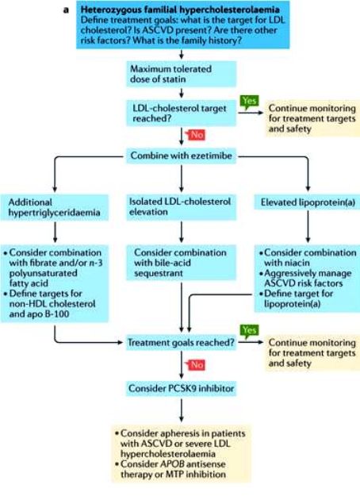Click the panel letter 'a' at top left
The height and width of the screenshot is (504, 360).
click(66, 10)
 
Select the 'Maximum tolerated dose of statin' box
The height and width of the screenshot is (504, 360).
click(181, 74)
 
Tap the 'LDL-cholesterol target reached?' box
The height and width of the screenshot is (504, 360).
click(181, 113)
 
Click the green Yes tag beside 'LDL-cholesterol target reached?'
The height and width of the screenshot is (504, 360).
click(250, 102)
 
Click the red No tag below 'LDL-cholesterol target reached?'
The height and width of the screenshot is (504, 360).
click(196, 134)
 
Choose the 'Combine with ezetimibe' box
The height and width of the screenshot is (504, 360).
click(181, 156)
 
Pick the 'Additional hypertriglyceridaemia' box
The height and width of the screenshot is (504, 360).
click(54, 207)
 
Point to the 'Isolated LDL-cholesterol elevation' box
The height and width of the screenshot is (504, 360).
click(181, 206)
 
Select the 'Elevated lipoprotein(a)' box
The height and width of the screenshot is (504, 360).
click(308, 202)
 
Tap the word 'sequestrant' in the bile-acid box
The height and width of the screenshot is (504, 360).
click(159, 273)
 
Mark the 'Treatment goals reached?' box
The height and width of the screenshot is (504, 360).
click(181, 342)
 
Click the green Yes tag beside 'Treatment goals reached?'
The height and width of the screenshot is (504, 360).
click(250, 331)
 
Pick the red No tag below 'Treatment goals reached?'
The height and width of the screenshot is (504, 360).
click(196, 364)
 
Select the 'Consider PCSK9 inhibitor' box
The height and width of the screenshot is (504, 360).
click(181, 388)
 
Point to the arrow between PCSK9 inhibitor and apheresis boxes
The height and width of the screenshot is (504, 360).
click(182, 410)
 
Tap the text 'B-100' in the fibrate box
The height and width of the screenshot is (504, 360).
click(57, 314)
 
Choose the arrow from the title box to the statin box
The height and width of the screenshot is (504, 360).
click(182, 55)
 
